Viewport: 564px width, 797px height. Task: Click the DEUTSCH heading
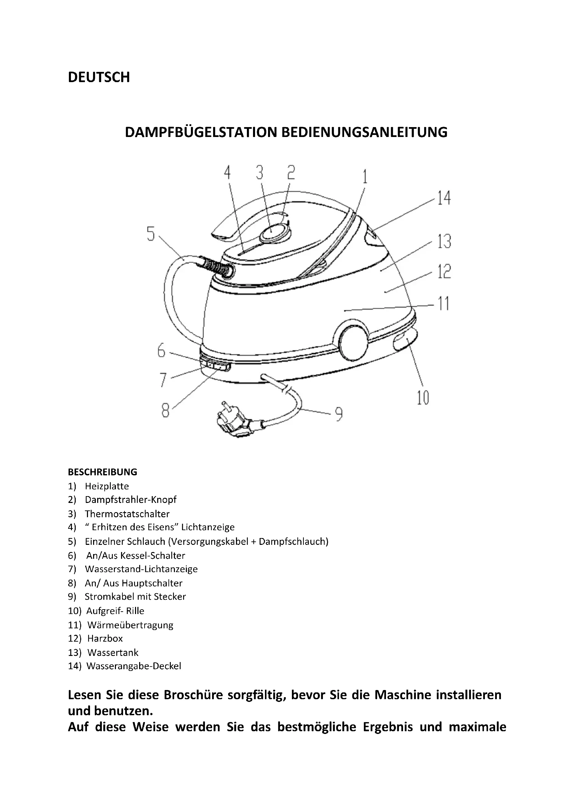pos(99,77)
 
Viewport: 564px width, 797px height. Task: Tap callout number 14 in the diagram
pos(444,198)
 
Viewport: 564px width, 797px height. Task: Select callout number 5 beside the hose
pos(150,234)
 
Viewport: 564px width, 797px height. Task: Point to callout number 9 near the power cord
pos(339,414)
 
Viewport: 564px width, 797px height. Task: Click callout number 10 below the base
pos(422,398)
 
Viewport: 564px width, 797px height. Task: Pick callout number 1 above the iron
pos(365,177)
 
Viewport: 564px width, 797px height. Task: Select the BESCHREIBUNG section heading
pos(102,472)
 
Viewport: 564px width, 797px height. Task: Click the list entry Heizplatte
pos(107,486)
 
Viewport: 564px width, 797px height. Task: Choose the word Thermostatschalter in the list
pos(127,514)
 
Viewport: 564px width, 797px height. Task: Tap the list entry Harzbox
pos(105,638)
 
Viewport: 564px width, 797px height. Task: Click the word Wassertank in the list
pos(113,653)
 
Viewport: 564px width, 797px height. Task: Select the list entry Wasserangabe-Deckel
pos(134,666)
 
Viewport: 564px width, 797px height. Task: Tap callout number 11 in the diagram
pos(443,303)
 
